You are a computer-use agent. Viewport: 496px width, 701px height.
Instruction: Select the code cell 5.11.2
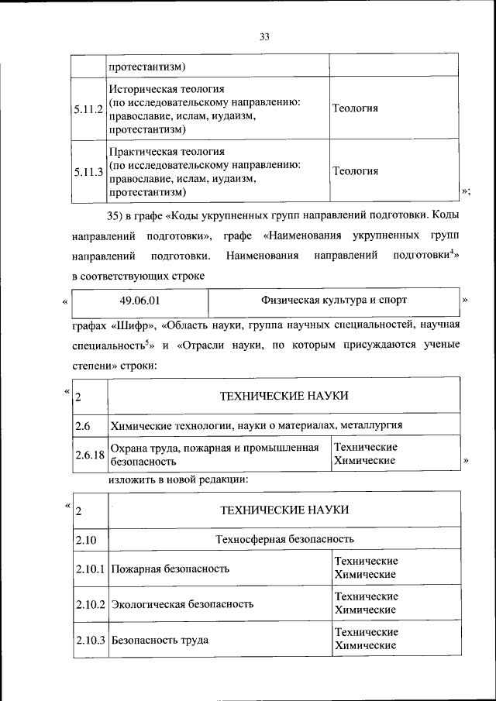[x=89, y=108]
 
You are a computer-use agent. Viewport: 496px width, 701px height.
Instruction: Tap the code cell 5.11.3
[x=89, y=171]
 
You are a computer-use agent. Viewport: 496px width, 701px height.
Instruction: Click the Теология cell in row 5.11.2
[x=355, y=108]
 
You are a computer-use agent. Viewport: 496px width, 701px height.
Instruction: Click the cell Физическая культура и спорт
[x=333, y=300]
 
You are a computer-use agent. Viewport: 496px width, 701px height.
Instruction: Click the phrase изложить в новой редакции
[x=178, y=480]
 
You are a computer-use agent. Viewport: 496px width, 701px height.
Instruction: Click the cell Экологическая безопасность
[x=182, y=603]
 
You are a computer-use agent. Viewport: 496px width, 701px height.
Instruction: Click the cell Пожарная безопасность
[x=170, y=569]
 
